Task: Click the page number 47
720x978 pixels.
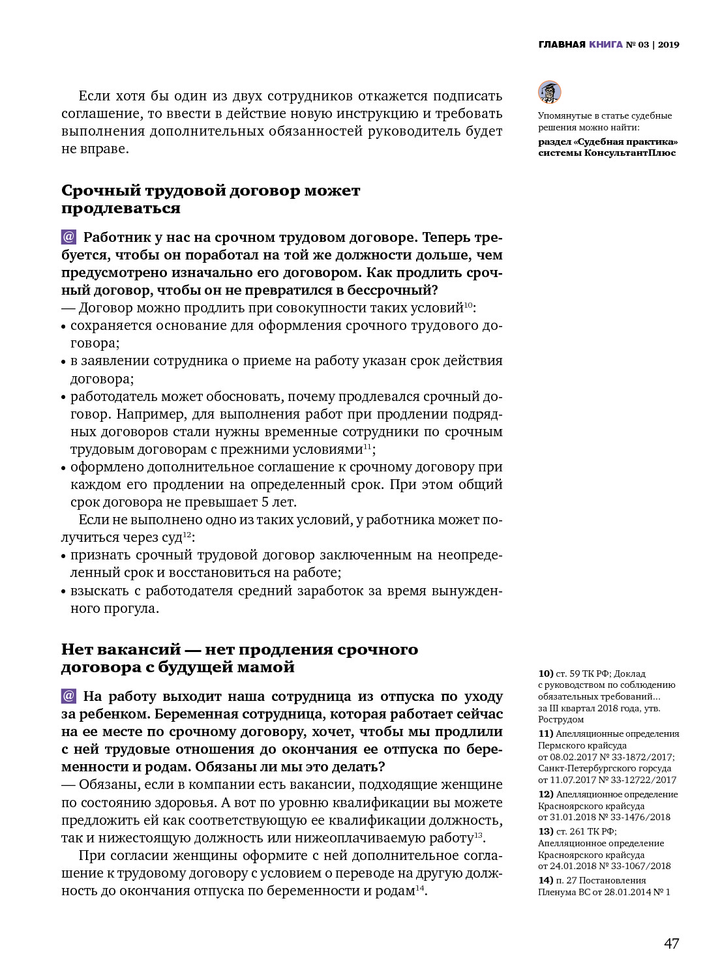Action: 671,943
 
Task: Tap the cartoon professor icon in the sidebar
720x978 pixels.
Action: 549,92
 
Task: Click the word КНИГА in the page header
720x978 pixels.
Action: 605,45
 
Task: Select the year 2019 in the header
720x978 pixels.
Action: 668,45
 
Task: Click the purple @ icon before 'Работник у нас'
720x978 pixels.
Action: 68,237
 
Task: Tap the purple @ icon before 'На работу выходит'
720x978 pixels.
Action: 68,696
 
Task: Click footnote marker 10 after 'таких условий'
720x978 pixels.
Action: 468,304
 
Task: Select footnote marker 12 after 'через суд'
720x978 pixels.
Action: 187,534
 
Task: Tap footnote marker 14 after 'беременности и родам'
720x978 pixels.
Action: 420,888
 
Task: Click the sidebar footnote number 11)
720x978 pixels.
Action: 545,733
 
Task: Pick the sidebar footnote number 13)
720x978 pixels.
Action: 545,831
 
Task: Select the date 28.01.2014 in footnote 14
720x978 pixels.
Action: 627,892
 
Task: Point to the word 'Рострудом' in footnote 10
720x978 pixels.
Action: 561,720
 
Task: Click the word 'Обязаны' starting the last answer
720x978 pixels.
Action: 106,784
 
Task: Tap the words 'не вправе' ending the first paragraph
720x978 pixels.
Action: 95,149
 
